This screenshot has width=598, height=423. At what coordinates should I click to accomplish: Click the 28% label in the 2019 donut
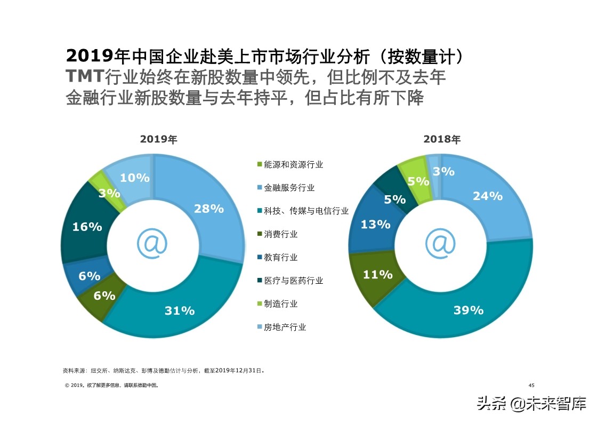tap(208, 209)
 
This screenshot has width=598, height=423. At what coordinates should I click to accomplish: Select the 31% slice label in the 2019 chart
tap(180, 310)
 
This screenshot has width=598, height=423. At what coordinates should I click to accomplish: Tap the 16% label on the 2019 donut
tap(87, 227)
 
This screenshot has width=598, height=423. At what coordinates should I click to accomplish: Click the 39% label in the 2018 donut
tap(468, 310)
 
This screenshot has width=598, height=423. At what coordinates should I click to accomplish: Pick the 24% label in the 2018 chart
tap(487, 196)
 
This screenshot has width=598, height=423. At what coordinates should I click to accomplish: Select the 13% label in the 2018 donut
tap(375, 225)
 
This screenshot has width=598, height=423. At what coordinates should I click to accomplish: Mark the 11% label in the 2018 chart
tap(377, 275)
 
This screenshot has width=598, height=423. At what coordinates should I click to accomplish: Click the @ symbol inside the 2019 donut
tap(152, 243)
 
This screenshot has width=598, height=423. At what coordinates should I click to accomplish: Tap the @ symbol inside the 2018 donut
tap(440, 243)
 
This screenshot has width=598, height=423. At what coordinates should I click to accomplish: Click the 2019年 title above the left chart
tap(159, 140)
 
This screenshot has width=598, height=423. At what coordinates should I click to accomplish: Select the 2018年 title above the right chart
tap(442, 140)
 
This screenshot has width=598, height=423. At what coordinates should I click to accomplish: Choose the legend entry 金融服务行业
tap(289, 188)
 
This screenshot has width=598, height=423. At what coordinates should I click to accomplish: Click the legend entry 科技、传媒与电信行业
tap(306, 211)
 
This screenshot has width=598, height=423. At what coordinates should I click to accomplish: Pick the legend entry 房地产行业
tap(285, 327)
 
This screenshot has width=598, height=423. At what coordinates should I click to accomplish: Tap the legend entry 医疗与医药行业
tap(293, 281)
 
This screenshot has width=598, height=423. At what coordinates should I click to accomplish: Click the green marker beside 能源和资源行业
tap(260, 165)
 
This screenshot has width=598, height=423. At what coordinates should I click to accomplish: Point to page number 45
tap(531, 385)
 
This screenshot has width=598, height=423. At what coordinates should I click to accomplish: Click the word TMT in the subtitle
tap(85, 76)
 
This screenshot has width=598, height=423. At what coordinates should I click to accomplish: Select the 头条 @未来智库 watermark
tap(531, 403)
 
